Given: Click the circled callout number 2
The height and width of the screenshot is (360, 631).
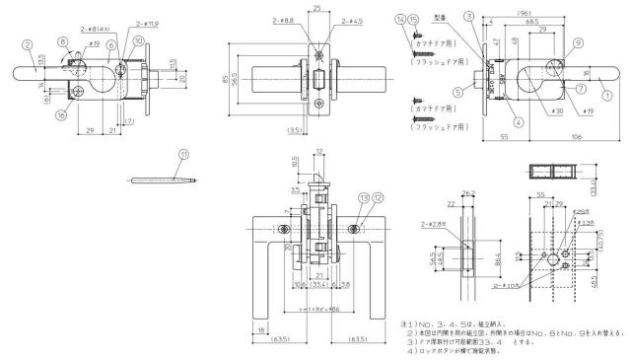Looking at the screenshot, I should pyautogui.click(x=30, y=43).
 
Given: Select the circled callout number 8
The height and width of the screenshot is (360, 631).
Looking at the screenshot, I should pyautogui.click(x=63, y=41).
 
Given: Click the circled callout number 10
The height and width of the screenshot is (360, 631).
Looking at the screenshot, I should pyautogui.click(x=137, y=40).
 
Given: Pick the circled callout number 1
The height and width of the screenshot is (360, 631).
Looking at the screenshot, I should pyautogui.click(x=606, y=96).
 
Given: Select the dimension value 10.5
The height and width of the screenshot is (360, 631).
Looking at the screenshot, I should pyautogui.click(x=296, y=160).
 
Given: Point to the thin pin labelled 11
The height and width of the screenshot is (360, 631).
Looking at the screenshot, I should pyautogui.click(x=163, y=180).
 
